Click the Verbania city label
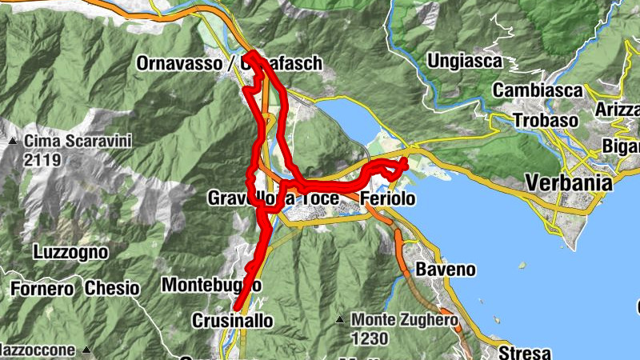tap(569, 183)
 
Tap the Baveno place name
tap(439, 269)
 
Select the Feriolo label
tap(387, 198)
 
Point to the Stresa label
tap(526, 352)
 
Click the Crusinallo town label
tap(232, 321)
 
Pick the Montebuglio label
tap(210, 285)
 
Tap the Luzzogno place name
tap(70, 252)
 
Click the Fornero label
tap(38, 287)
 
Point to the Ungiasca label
tap(465, 61)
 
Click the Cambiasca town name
tap(537, 90)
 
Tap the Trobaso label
tap(523, 120)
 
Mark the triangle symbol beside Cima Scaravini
tap(14, 142)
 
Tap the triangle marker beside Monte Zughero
tap(340, 321)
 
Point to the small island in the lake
tap(522, 265)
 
